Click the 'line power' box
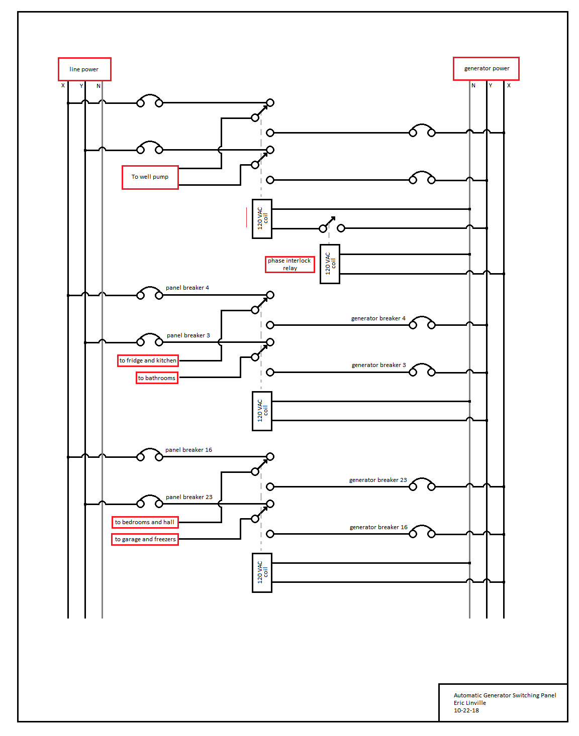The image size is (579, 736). click(84, 69)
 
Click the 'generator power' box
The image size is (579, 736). click(486, 69)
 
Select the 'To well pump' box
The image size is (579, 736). click(150, 177)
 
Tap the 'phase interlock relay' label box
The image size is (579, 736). click(289, 264)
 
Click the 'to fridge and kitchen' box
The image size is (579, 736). click(148, 360)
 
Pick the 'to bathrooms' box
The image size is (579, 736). click(157, 378)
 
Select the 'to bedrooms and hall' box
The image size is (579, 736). click(145, 522)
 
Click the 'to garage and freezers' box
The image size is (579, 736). click(145, 539)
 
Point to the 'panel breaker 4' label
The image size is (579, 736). click(187, 288)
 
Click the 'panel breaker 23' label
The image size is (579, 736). click(189, 497)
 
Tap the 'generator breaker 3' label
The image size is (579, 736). click(378, 365)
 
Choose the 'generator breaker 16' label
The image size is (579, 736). click(378, 527)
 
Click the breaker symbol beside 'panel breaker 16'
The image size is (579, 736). click(150, 454)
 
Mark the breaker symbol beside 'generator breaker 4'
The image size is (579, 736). click(422, 322)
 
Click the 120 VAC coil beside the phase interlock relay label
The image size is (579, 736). click(330, 264)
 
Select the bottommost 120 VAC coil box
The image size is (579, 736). click(262, 572)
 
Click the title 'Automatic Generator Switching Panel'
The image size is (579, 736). click(505, 695)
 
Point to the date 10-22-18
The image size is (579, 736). click(466, 710)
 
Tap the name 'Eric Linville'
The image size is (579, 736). click(469, 703)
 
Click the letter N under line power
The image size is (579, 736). click(99, 86)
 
